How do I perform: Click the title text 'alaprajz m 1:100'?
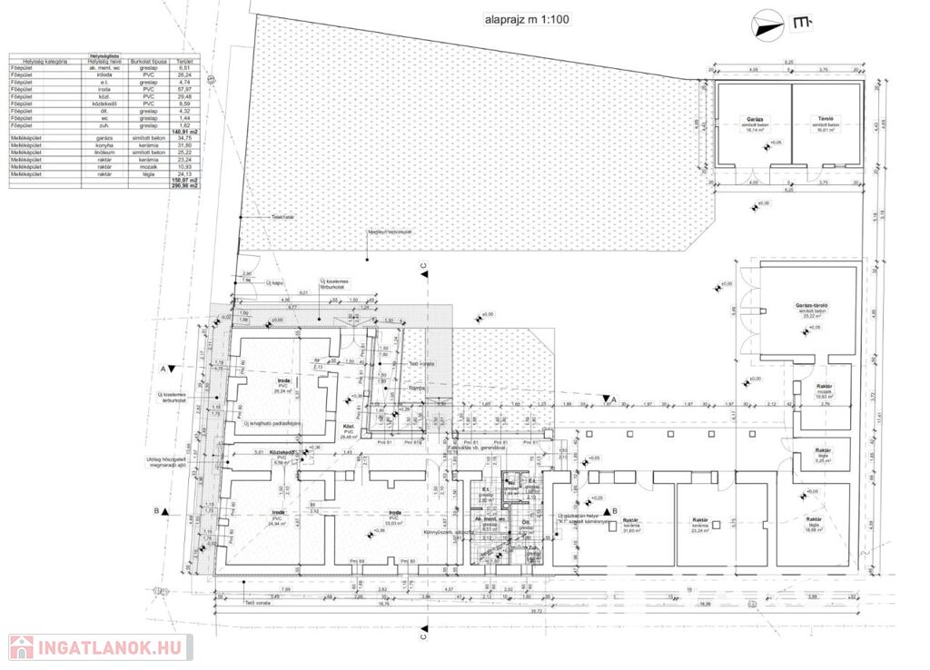tap(526, 18)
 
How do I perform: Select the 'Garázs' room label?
tap(753, 118)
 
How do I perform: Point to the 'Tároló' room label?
tap(825, 118)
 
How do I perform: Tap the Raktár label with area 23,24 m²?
tap(699, 525)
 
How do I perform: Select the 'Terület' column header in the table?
tap(183, 62)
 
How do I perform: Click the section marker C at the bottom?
tap(423, 637)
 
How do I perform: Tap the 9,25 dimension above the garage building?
tap(787, 62)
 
